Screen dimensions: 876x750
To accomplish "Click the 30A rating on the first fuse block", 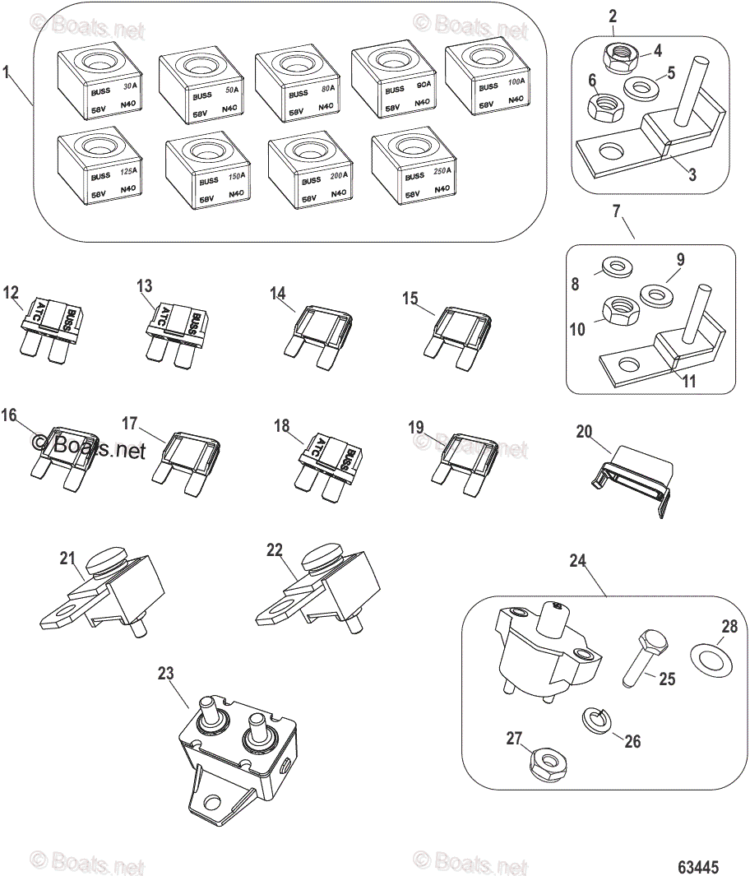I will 129,86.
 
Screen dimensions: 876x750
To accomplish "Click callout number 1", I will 7,73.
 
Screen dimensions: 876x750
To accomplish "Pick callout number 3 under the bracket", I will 692,175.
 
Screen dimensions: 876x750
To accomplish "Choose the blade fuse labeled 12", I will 52,328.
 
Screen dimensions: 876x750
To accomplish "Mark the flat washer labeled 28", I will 710,659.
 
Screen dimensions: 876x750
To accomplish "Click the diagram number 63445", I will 698,867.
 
